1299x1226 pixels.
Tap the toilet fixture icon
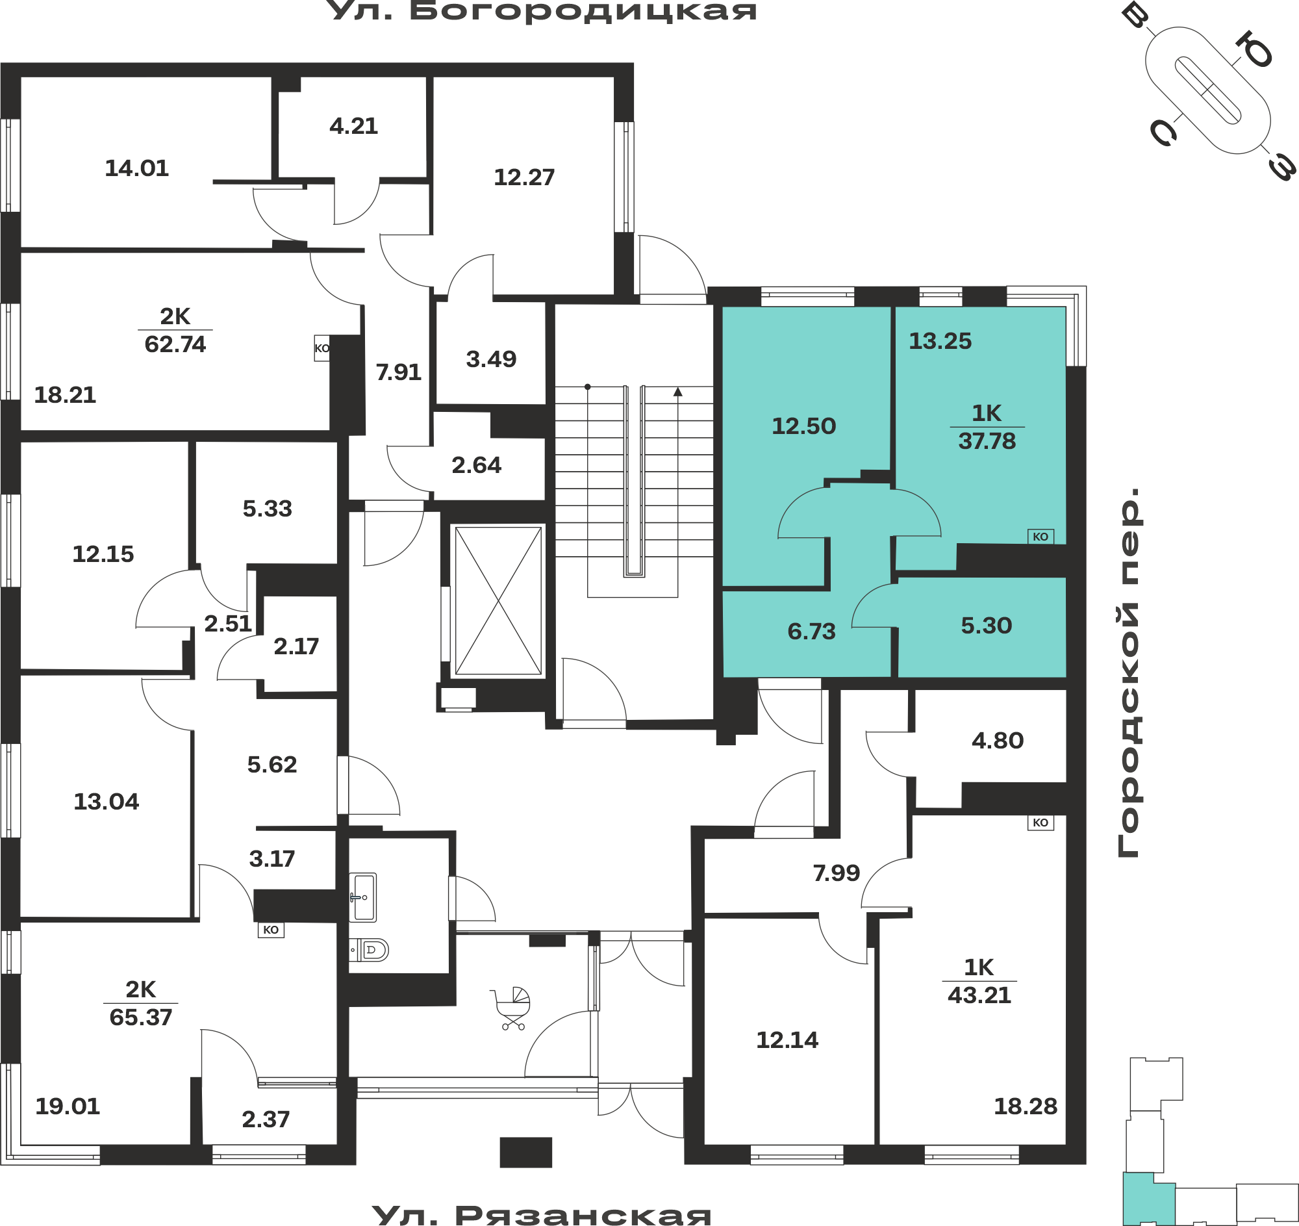pyautogui.click(x=369, y=950)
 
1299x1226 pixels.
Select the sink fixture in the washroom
pyautogui.click(x=362, y=897)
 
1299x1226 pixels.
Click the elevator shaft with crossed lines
pyautogui.click(x=498, y=600)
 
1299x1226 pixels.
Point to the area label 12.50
pyautogui.click(x=803, y=426)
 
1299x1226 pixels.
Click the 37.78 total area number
pyautogui.click(x=987, y=441)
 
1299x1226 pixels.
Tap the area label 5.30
pyautogui.click(x=986, y=626)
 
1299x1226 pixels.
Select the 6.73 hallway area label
pyautogui.click(x=811, y=632)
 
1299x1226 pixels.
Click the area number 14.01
pyautogui.click(x=136, y=169)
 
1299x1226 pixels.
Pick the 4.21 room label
pyautogui.click(x=353, y=126)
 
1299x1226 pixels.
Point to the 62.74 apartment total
pyautogui.click(x=175, y=344)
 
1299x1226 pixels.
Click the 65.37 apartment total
pyautogui.click(x=140, y=1017)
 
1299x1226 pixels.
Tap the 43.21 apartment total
pyautogui.click(x=979, y=995)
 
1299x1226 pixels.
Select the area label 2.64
pyautogui.click(x=476, y=465)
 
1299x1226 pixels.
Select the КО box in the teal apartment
pyautogui.click(x=1040, y=537)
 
